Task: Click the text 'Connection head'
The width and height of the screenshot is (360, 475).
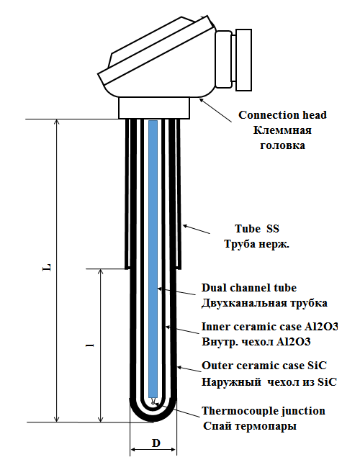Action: point(282,115)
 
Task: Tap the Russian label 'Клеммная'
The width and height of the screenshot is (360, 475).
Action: point(282,130)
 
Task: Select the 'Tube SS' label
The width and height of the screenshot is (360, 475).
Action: point(257,228)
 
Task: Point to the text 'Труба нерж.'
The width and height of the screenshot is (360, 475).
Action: point(257,244)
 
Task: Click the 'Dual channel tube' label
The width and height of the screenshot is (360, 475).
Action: point(249,287)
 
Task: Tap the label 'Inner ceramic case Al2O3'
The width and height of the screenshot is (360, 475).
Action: point(270,327)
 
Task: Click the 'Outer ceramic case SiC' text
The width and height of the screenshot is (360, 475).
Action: point(264,366)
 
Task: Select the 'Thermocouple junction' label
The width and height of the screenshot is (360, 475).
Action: point(264,411)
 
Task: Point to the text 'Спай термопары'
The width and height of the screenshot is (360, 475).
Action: point(250,426)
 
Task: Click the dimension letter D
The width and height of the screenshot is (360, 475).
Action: point(156,443)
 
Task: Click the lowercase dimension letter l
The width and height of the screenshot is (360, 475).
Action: point(89,345)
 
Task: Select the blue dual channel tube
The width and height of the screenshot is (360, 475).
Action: point(153,259)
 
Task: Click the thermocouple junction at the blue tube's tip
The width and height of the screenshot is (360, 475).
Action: point(153,402)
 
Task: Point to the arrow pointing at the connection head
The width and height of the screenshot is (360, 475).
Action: point(216,110)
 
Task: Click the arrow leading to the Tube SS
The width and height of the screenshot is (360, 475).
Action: point(196,229)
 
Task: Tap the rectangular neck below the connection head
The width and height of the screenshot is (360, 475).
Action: point(154,108)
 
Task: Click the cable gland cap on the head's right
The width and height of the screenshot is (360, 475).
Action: point(243,60)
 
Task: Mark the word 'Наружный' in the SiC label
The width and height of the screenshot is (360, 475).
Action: point(231,382)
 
